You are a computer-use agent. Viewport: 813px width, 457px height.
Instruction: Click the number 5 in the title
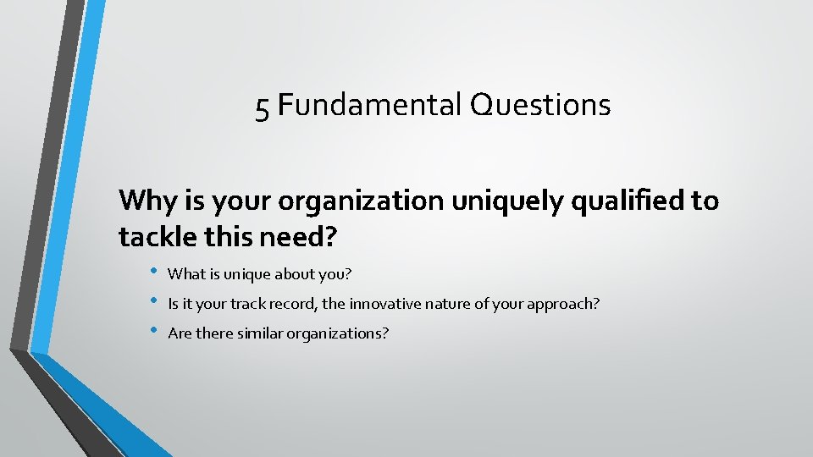click(x=263, y=107)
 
